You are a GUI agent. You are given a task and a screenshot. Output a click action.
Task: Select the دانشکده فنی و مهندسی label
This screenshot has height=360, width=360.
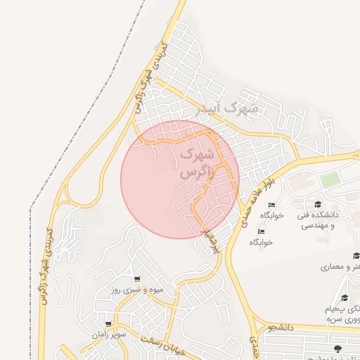319,219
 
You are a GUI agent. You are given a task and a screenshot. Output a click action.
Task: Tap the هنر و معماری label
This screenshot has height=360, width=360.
340,267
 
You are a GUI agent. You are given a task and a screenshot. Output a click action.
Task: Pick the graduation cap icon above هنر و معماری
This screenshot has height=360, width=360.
356,256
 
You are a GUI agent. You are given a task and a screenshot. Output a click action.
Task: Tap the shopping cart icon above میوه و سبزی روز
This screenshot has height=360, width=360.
137,279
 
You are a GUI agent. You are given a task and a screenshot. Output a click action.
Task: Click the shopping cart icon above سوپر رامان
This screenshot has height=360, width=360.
108,324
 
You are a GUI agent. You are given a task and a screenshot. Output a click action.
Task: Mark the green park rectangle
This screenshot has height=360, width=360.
330,181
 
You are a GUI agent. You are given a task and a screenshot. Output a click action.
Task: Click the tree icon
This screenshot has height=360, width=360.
338,348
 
